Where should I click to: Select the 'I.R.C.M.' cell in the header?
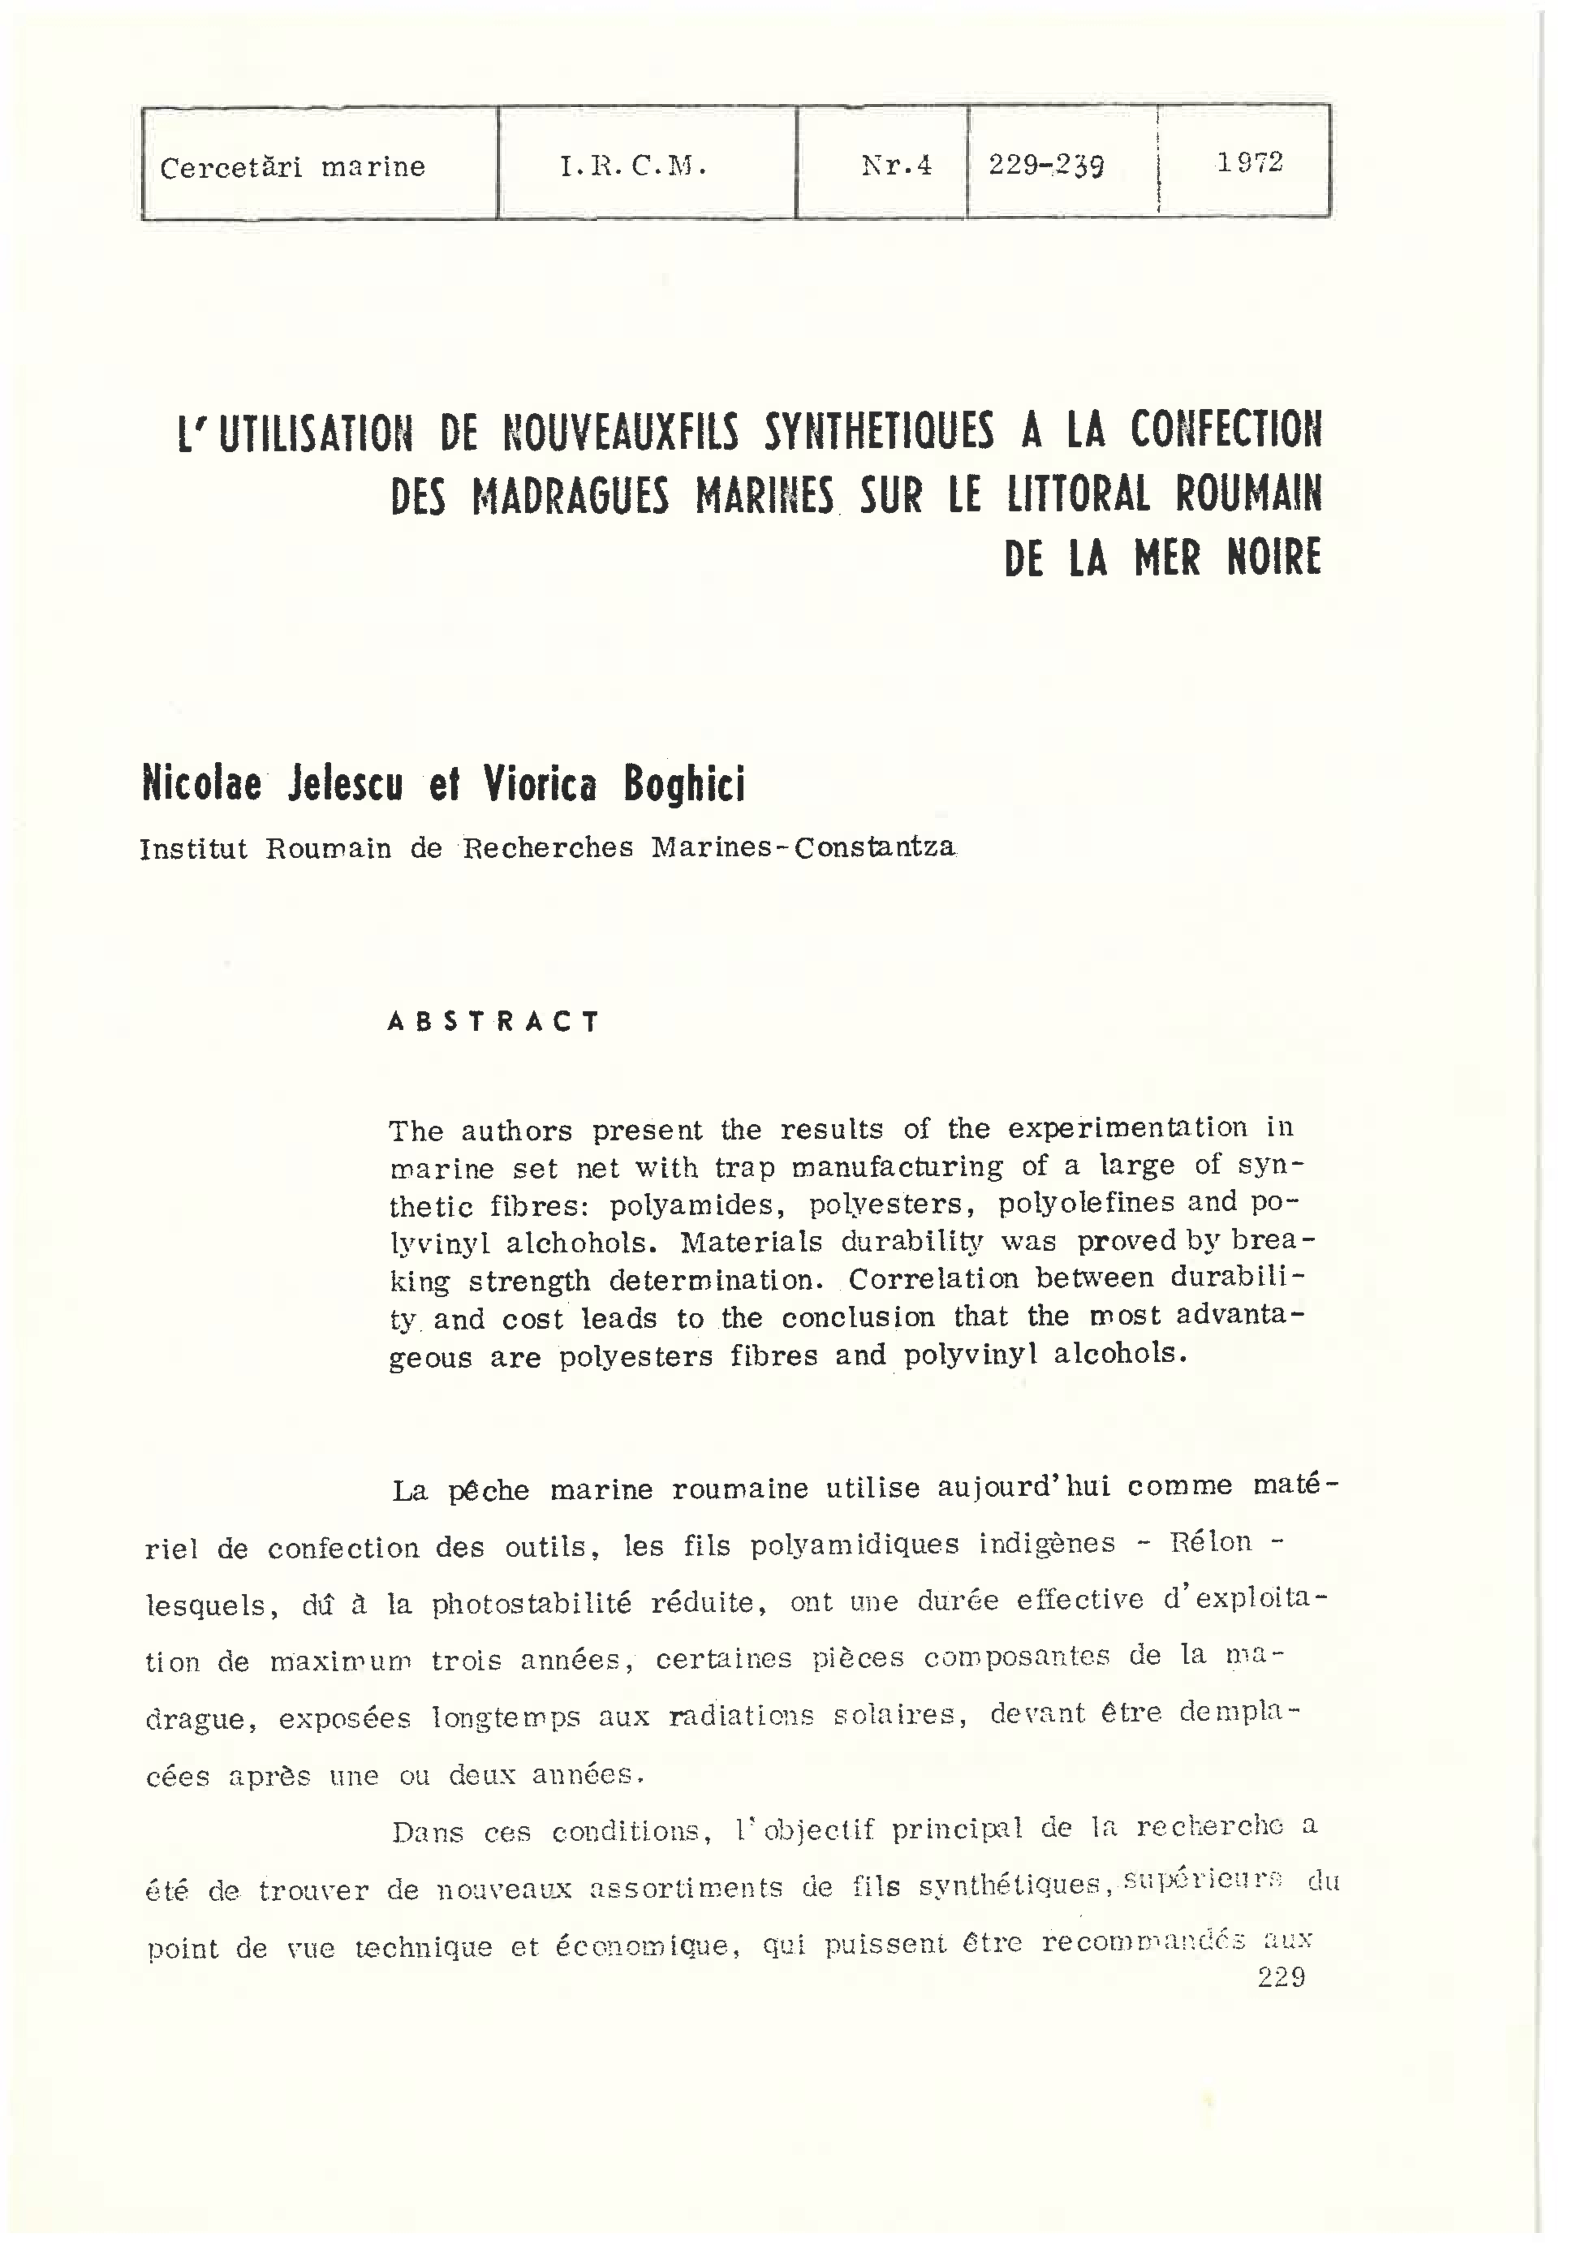[x=633, y=166]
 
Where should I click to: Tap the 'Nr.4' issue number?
[x=896, y=165]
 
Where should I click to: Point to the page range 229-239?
[x=1045, y=164]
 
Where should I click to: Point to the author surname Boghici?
[x=684, y=784]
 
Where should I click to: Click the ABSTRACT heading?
[x=493, y=1022]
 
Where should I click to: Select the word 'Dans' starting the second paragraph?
[x=427, y=1832]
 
